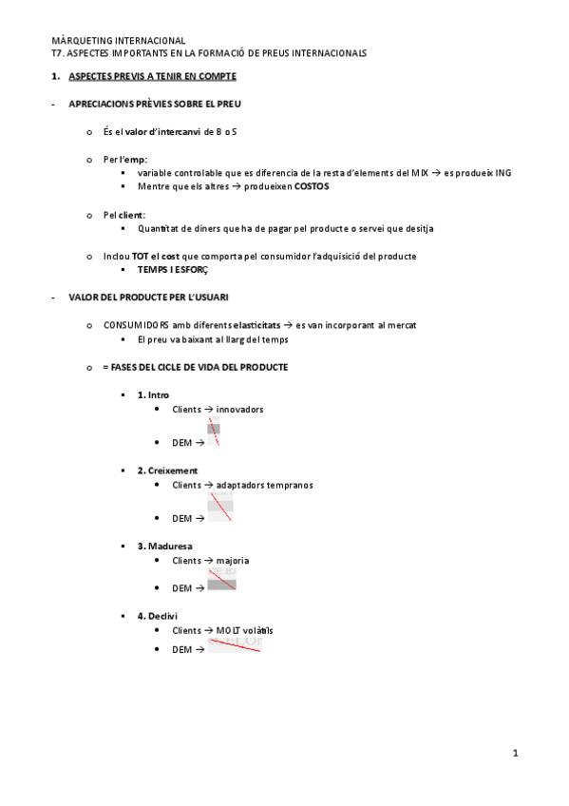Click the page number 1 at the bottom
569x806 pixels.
(515, 754)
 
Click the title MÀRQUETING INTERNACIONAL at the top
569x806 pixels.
(119, 41)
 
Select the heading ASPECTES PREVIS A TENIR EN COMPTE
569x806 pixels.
(153, 76)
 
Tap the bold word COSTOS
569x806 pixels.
(312, 187)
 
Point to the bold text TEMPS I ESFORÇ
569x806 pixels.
(172, 270)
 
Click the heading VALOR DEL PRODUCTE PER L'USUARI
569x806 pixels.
(148, 297)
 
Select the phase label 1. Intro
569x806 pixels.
(153, 394)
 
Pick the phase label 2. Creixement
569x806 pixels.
(167, 470)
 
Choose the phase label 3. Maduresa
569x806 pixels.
(164, 547)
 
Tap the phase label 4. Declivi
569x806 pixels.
(157, 616)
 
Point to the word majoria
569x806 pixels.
(233, 561)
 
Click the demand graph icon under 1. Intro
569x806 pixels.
(214, 432)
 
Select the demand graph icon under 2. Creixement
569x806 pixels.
(219, 507)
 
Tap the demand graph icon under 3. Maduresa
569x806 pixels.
(221, 581)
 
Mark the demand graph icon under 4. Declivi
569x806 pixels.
(235, 644)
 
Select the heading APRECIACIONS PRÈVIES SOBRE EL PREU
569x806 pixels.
(161, 104)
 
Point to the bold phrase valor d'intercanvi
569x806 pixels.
(162, 131)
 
